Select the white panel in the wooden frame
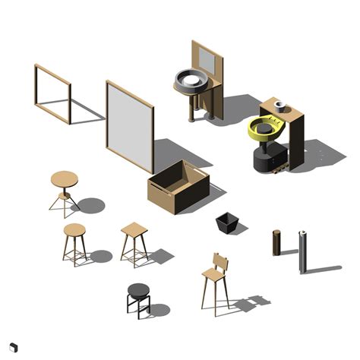(129, 125)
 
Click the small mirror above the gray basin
(206, 60)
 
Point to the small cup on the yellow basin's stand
(280, 106)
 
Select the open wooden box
(178, 187)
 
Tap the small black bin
(227, 223)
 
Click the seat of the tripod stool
(64, 180)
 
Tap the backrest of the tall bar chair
(220, 264)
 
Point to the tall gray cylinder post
(302, 251)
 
